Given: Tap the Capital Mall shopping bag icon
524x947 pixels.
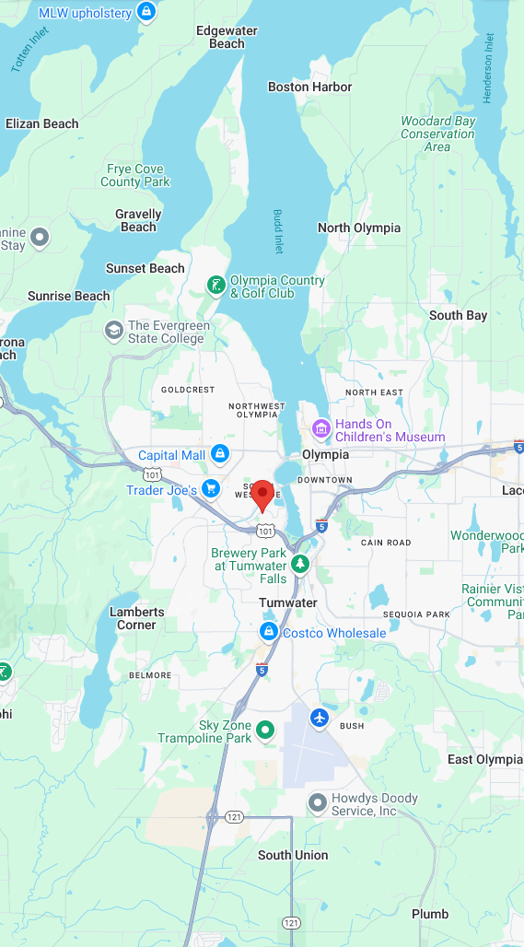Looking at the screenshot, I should pos(219,453).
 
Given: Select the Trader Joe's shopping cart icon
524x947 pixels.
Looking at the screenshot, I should pos(212,488).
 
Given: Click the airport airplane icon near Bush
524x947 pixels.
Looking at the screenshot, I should pos(320,718).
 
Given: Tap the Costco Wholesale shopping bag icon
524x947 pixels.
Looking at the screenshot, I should pos(268,632).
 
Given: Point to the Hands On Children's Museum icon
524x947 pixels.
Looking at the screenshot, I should pos(320,428).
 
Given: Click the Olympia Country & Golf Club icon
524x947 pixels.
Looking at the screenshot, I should pos(215,286).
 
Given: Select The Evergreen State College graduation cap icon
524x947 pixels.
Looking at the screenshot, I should pos(113,331).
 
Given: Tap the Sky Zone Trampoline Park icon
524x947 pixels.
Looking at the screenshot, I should pos(265,731).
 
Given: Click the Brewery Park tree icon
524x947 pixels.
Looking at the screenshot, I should pos(299,562).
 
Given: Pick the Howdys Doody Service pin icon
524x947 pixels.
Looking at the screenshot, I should pos(317,803).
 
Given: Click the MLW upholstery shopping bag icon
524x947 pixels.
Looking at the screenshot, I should pos(145,12).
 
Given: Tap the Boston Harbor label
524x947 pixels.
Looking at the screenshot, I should pos(309,87).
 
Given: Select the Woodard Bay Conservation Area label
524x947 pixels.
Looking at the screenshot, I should pos(437,134).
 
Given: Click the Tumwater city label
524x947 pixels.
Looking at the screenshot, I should pos(287,602).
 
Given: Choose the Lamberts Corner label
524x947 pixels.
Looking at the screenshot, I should pos(137,618).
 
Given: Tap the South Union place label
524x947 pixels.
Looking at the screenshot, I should pos(293,855).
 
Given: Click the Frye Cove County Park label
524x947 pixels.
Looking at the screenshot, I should pos(135,175).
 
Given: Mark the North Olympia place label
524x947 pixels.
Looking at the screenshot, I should pos(359,228).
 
